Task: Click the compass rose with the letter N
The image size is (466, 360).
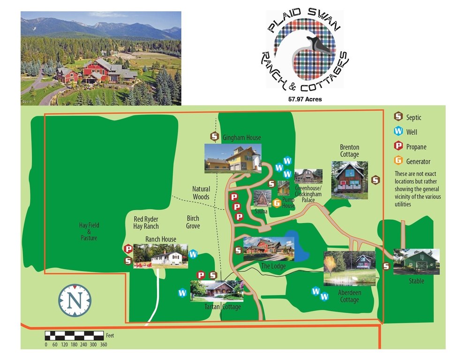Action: coord(75,299)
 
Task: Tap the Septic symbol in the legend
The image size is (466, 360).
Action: coord(398,117)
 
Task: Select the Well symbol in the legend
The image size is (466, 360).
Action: coord(398,132)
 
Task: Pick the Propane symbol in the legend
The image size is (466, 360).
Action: coord(398,147)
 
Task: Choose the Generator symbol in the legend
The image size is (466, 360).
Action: coord(398,161)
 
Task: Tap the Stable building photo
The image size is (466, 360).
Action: coord(416,262)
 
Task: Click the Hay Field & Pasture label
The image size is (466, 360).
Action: coord(89,232)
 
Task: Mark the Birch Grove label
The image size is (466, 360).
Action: coord(193,222)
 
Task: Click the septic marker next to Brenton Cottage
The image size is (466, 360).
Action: coord(375,180)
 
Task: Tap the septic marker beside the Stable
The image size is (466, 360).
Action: coord(387,266)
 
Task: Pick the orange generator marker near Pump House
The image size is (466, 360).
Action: coord(277,203)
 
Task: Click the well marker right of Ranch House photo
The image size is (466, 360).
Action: coord(193,255)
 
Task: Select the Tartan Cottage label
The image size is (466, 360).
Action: coord(223,307)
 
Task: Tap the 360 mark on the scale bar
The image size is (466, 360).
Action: coord(104,345)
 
